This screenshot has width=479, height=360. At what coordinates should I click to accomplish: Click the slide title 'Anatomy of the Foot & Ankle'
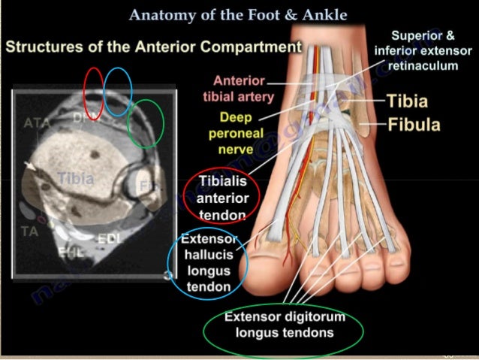point(239,15)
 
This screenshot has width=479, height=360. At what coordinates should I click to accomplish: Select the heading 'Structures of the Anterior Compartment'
point(153,47)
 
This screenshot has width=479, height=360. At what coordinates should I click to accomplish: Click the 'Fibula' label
point(414,124)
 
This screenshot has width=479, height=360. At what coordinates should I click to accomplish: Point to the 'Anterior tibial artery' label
point(239,89)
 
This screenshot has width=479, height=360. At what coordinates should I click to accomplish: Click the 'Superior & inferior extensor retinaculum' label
point(424,50)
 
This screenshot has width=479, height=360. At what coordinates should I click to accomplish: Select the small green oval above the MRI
point(146,124)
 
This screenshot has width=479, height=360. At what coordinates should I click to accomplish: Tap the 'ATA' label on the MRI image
point(36,123)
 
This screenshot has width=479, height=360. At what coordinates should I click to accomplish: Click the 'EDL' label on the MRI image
point(109,239)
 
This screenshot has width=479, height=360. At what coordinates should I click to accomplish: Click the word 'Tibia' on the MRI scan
point(76,179)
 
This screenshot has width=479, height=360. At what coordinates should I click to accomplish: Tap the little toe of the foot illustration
point(429,247)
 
